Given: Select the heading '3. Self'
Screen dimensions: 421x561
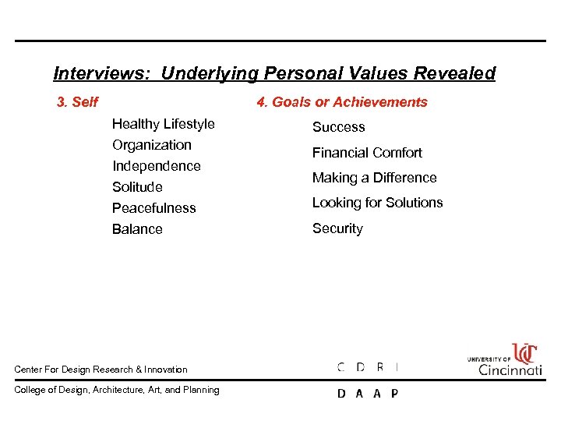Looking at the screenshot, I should click(x=77, y=102).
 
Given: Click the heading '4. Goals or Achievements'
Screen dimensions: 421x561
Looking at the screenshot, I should click(x=342, y=102).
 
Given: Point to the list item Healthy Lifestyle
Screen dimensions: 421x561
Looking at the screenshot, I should click(x=164, y=124).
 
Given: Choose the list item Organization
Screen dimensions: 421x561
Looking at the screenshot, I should click(x=152, y=145).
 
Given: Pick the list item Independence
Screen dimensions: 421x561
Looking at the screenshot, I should click(x=157, y=166).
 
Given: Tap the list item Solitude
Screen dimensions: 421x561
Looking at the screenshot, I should click(x=137, y=187).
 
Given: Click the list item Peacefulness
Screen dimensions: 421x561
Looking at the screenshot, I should click(x=154, y=208).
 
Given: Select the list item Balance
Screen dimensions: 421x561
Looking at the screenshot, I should click(x=137, y=229).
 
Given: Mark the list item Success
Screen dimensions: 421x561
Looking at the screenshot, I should click(x=338, y=127).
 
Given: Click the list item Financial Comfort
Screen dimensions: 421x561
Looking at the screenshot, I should click(x=367, y=153).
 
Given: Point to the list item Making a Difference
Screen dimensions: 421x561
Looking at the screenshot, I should click(x=374, y=178).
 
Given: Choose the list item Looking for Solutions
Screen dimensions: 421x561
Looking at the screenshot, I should click(x=377, y=203).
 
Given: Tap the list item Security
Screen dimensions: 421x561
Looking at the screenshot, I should click(x=337, y=228).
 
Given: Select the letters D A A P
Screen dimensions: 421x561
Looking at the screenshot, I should click(x=368, y=393).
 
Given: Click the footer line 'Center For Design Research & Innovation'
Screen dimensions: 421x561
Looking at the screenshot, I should click(x=101, y=370).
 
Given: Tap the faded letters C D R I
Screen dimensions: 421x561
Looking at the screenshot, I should click(x=368, y=366).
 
